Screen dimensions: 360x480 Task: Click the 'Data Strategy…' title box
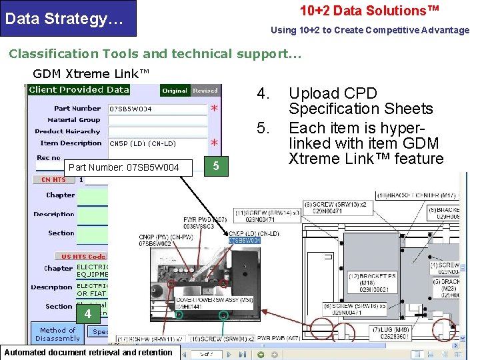[x=68, y=18]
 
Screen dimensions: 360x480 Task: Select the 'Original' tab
[x=175, y=90]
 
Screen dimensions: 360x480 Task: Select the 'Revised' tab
[x=205, y=90]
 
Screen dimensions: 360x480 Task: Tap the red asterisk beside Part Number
[x=214, y=108]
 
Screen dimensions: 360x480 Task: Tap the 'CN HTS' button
[x=54, y=179]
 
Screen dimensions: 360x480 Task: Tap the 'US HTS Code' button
[x=83, y=257]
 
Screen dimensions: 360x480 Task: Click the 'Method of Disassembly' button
[x=57, y=334]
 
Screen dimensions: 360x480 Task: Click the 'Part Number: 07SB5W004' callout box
[x=124, y=167]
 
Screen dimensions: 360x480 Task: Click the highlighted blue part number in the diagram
[x=244, y=240]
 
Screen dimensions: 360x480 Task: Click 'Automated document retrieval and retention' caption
[x=89, y=353]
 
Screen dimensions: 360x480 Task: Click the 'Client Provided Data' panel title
[x=79, y=90]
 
